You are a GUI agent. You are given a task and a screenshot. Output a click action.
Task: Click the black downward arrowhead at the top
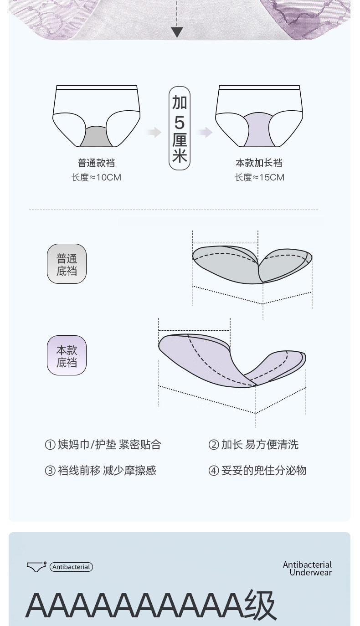[177, 32]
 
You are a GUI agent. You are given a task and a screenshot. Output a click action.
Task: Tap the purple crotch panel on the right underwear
[259, 131]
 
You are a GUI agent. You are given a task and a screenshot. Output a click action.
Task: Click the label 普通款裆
[96, 163]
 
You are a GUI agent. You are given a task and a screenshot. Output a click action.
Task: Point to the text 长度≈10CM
[96, 177]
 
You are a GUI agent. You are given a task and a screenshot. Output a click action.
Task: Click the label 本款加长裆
[259, 163]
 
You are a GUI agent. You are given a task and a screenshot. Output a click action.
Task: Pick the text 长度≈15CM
[259, 177]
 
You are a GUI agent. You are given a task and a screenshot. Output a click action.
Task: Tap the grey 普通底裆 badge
[67, 264]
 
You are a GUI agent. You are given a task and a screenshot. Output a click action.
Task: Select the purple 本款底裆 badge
[67, 356]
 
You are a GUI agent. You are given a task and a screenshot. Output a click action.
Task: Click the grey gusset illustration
[252, 265]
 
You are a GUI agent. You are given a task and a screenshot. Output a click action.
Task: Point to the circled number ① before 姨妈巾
[50, 445]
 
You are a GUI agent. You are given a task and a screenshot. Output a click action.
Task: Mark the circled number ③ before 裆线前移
[50, 471]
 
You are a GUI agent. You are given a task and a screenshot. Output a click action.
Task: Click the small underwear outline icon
[36, 567]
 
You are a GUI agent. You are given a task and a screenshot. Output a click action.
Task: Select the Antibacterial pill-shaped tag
[71, 567]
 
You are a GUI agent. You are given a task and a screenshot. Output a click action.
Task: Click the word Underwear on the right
[311, 573]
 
